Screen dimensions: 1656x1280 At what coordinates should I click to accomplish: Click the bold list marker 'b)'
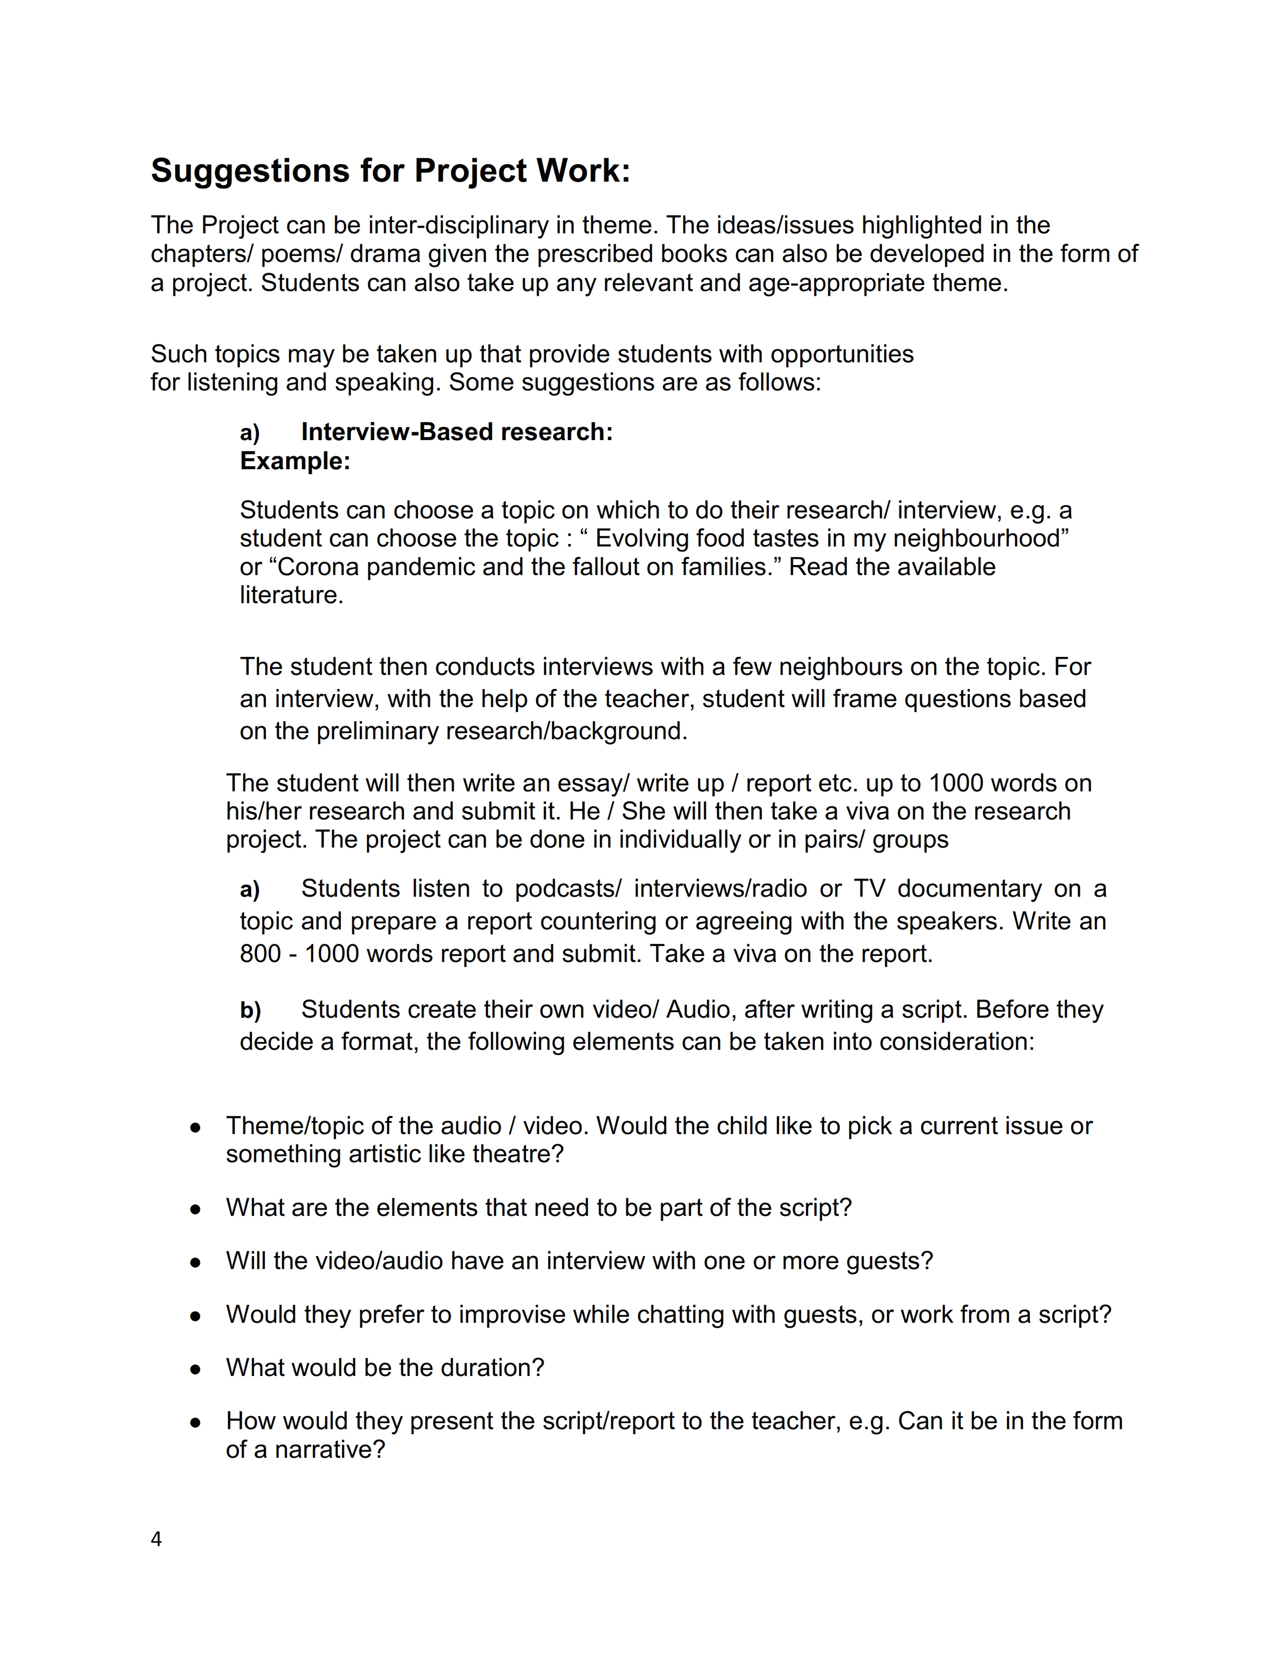(x=250, y=1010)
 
